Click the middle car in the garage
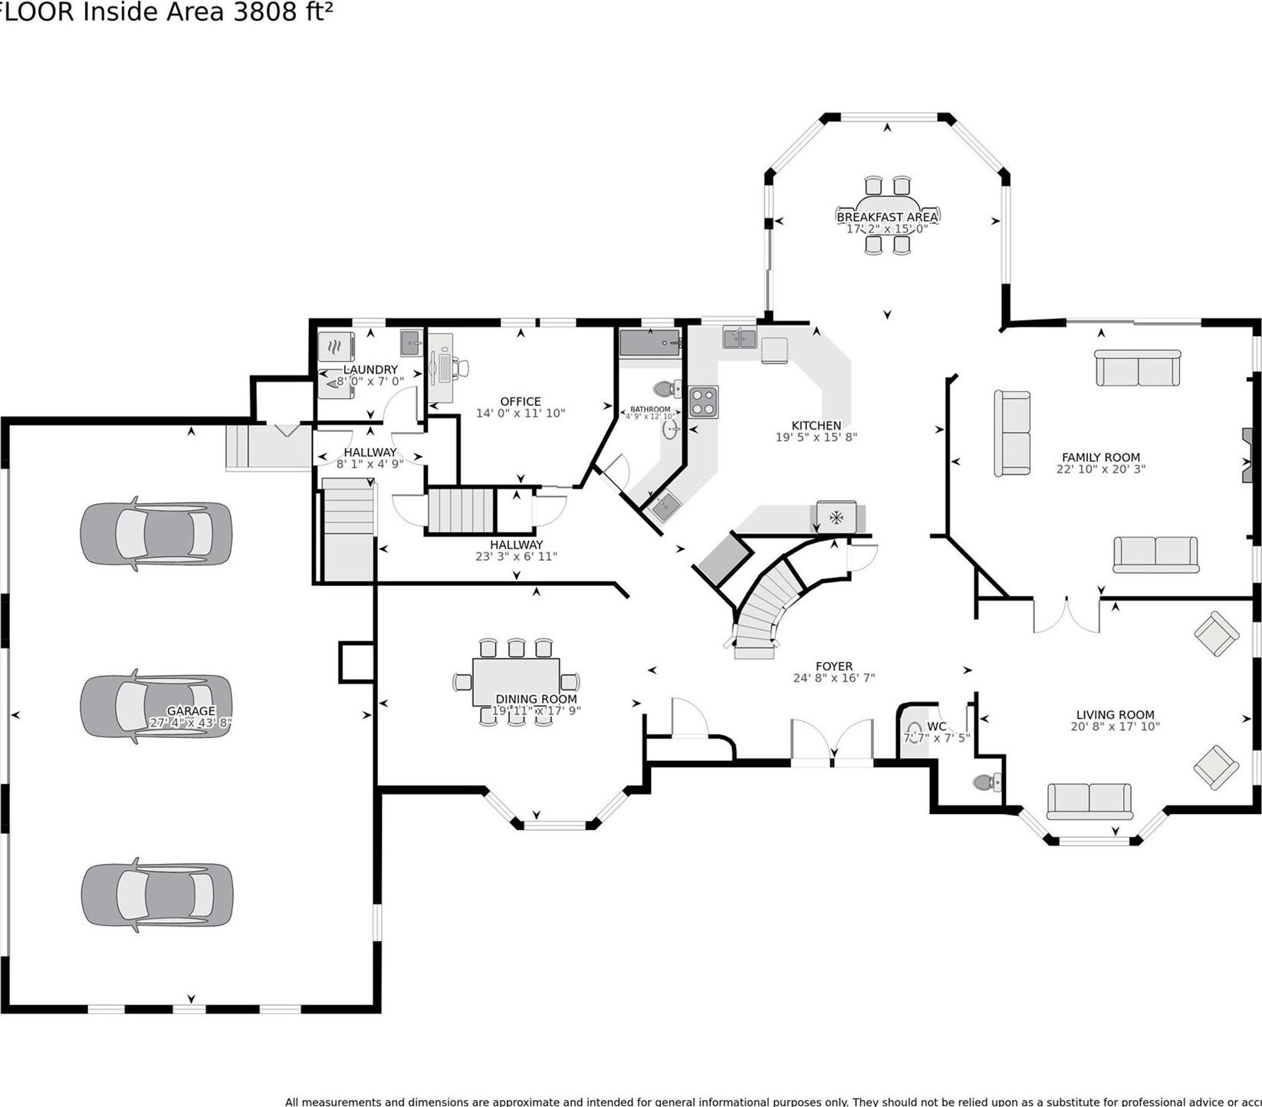pyautogui.click(x=156, y=706)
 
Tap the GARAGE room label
pyautogui.click(x=191, y=711)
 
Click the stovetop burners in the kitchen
pyautogui.click(x=704, y=402)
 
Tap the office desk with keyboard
pyautogui.click(x=442, y=368)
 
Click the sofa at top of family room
pyautogui.click(x=1138, y=368)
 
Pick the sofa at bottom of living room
pyautogui.click(x=1089, y=801)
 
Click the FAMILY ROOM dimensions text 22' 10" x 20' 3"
pyautogui.click(x=1100, y=469)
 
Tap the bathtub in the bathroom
pyautogui.click(x=649, y=342)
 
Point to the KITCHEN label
pyautogui.click(x=816, y=425)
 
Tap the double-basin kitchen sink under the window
pyautogui.click(x=739, y=337)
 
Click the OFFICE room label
pyautogui.click(x=521, y=401)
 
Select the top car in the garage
pyautogui.click(x=156, y=533)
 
